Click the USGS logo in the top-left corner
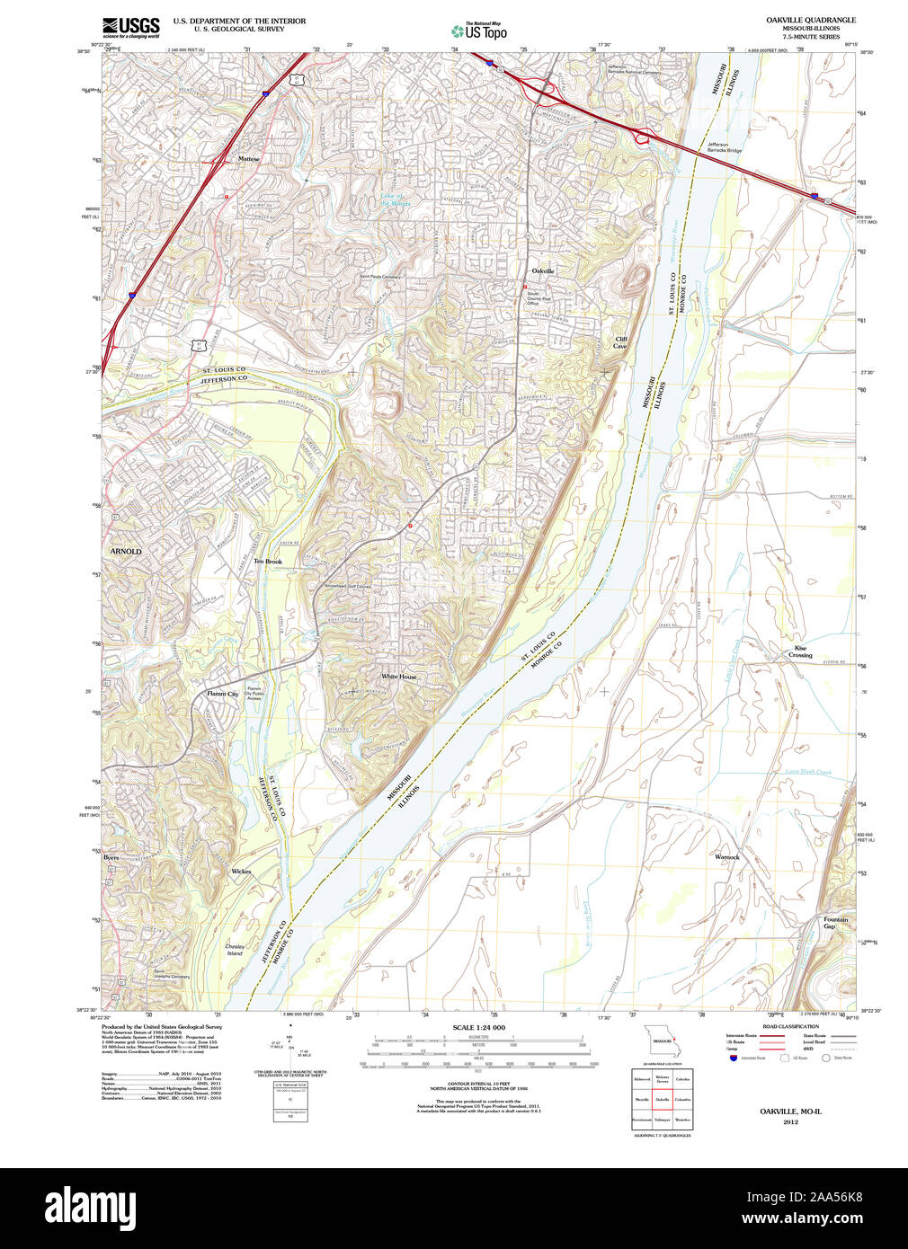[x=131, y=27]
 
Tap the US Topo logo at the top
[x=479, y=31]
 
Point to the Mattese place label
[x=248, y=159]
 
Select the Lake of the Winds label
[x=395, y=199]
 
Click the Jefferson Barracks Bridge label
[x=724, y=147]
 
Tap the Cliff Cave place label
[x=620, y=342]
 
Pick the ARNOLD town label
[x=126, y=551]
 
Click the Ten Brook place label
[x=267, y=562]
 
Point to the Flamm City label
[x=222, y=694]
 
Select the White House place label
[x=398, y=677]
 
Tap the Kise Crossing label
[x=800, y=651]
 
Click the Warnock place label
[x=727, y=857]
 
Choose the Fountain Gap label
[x=835, y=923]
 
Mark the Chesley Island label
[x=235, y=950]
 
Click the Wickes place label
[x=241, y=872]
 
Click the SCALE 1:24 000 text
[x=478, y=1027]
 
